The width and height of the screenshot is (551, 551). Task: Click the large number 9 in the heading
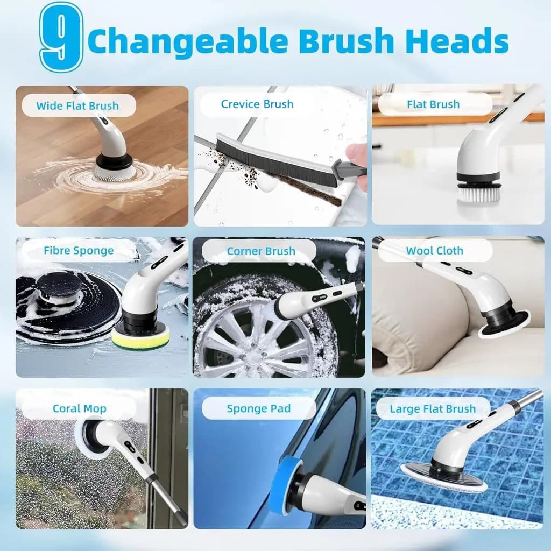click(61, 37)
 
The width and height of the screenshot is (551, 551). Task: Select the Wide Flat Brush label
click(77, 106)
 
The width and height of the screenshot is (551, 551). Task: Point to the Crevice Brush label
click(257, 104)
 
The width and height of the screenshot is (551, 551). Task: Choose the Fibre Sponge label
click(79, 251)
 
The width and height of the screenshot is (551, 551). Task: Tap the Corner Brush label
click(261, 251)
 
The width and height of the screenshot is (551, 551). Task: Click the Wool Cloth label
click(435, 251)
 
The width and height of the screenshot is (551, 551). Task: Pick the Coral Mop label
click(80, 409)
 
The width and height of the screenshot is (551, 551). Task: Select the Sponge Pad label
click(259, 409)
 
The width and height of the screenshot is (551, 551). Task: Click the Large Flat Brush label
click(433, 409)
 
